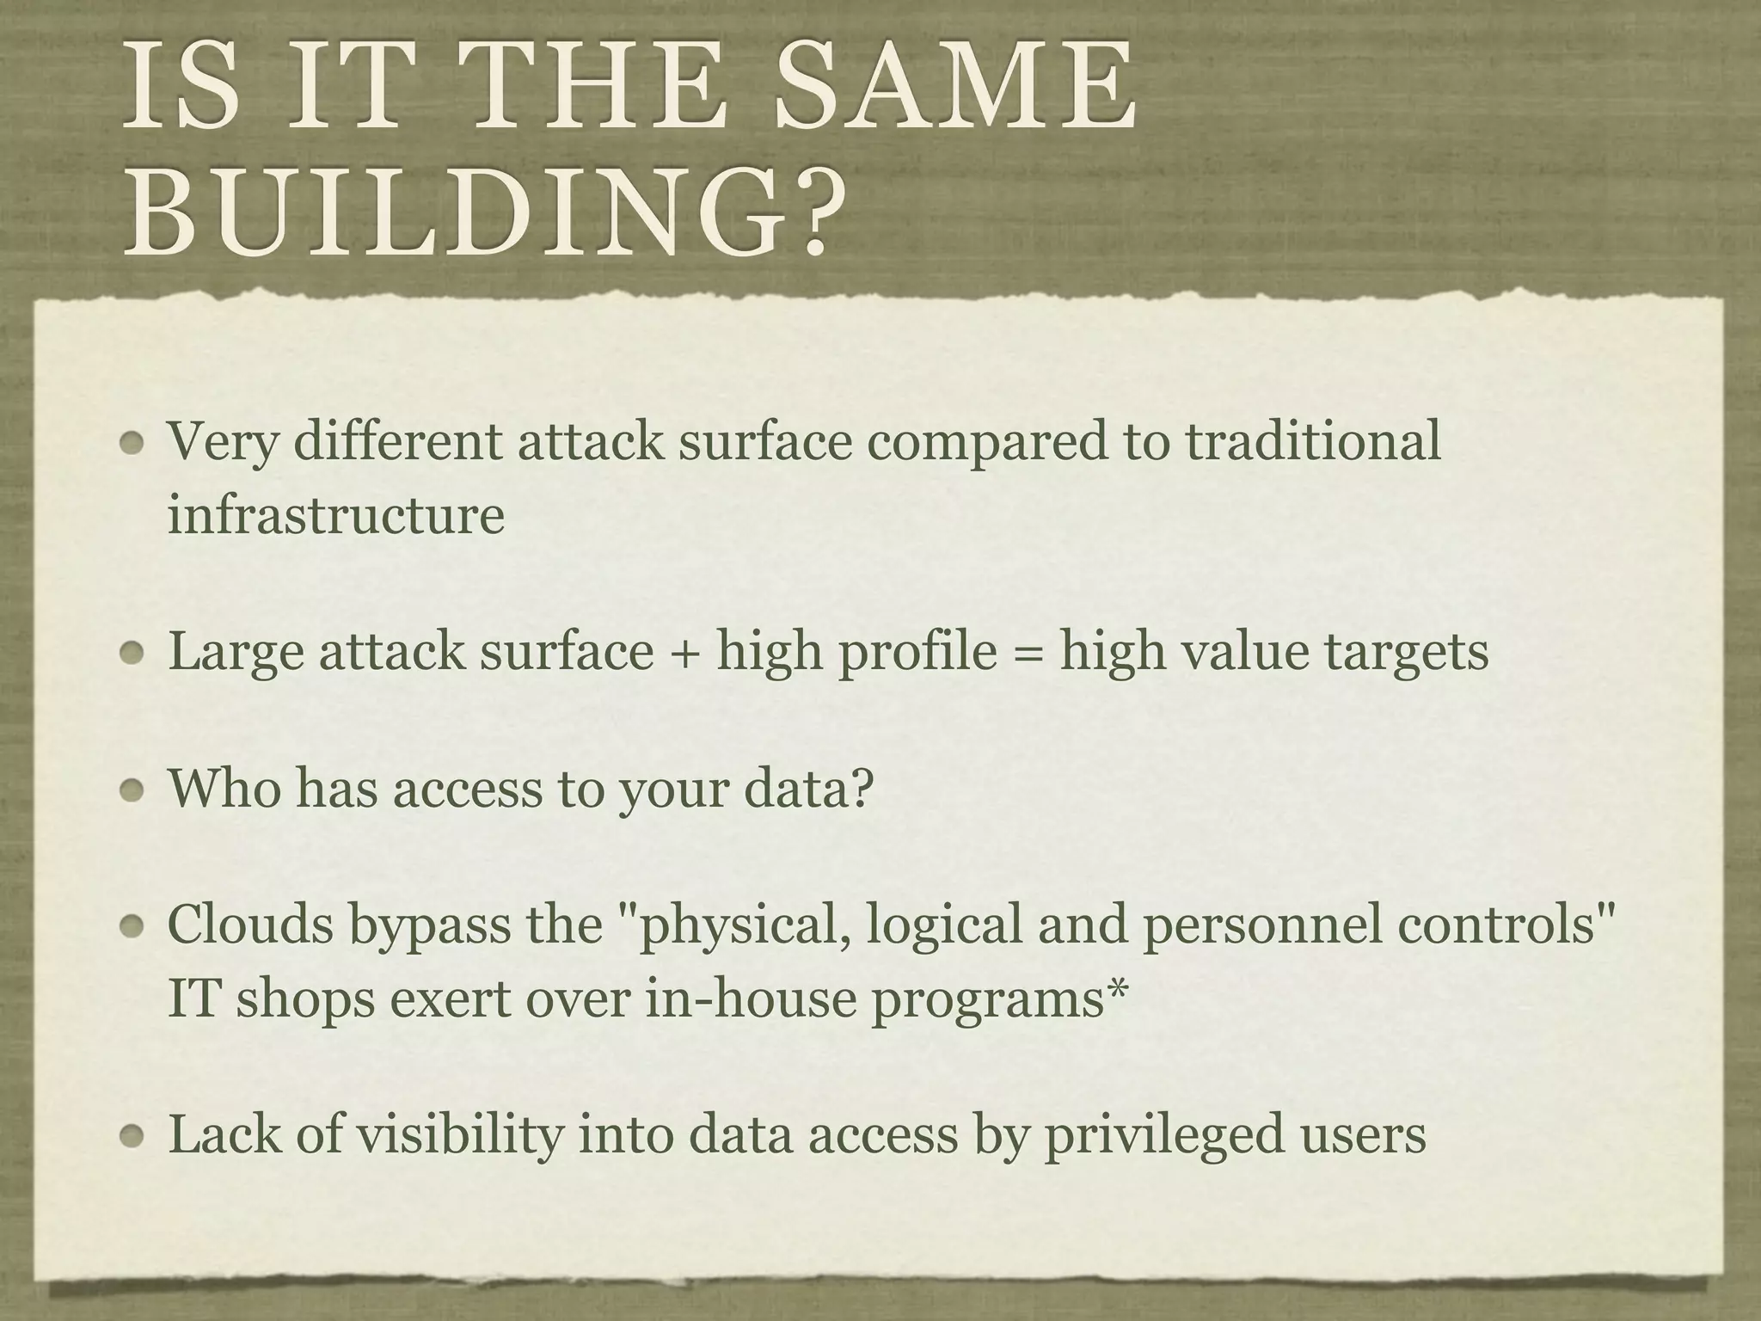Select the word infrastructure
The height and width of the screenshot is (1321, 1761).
[x=335, y=516]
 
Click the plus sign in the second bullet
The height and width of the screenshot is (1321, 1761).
[x=684, y=652]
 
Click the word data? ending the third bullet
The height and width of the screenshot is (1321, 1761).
[x=808, y=788]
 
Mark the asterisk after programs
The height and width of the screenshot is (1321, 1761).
[x=1116, y=989]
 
